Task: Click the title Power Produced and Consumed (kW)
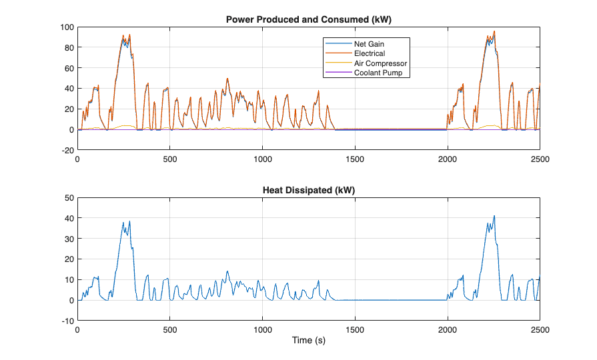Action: pyautogui.click(x=308, y=19)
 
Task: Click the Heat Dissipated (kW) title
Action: pyautogui.click(x=308, y=190)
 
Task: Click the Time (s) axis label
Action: pyautogui.click(x=308, y=341)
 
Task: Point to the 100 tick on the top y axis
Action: pyautogui.click(x=66, y=27)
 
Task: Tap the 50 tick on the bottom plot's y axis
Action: pyautogui.click(x=68, y=198)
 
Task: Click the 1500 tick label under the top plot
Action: pyautogui.click(x=354, y=160)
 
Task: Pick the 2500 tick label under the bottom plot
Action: pyautogui.click(x=539, y=330)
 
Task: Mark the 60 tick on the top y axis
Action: pyautogui.click(x=68, y=69)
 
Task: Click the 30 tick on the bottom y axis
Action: pyautogui.click(x=68, y=239)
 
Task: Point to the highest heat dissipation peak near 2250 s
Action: pyautogui.click(x=494, y=216)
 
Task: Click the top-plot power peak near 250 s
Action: pyautogui.click(x=123, y=35)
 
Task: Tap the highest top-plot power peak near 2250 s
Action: pyautogui.click(x=494, y=31)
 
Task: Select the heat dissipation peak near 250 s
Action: pyautogui.click(x=129, y=221)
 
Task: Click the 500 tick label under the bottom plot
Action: pyautogui.click(x=169, y=330)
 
